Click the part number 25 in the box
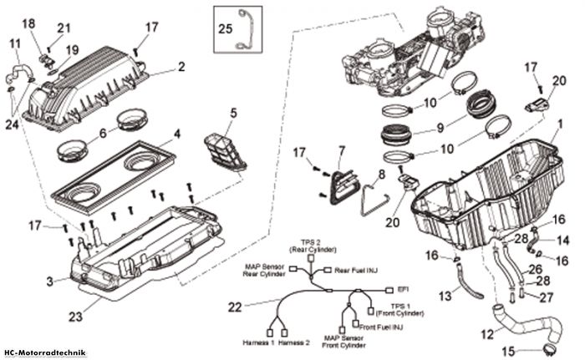[x=226, y=28]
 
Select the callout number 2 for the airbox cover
[x=181, y=67]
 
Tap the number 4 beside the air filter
[x=177, y=134]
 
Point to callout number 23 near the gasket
[x=75, y=317]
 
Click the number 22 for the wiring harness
[x=235, y=307]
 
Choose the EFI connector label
[x=402, y=289]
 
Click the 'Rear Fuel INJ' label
[x=356, y=270]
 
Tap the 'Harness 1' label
[x=258, y=342]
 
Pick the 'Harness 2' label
[x=294, y=342]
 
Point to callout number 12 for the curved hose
[x=487, y=334]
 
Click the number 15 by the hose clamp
[x=508, y=351]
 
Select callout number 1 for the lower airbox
[x=559, y=124]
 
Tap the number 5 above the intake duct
[x=233, y=113]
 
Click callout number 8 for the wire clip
[x=381, y=175]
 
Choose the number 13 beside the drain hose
[x=445, y=297]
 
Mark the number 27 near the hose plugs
[x=547, y=297]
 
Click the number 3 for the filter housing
[x=49, y=281]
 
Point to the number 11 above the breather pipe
[x=15, y=43]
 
